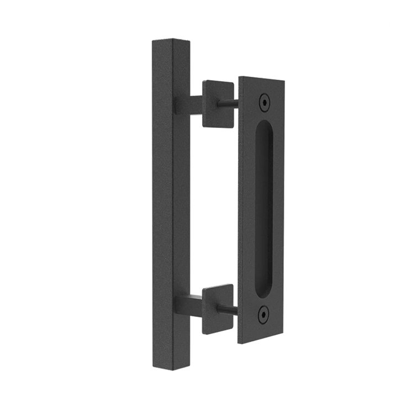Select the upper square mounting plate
point(218,103)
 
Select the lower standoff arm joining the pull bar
point(188,303)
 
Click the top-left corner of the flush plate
point(241,77)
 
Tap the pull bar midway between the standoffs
point(169,204)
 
